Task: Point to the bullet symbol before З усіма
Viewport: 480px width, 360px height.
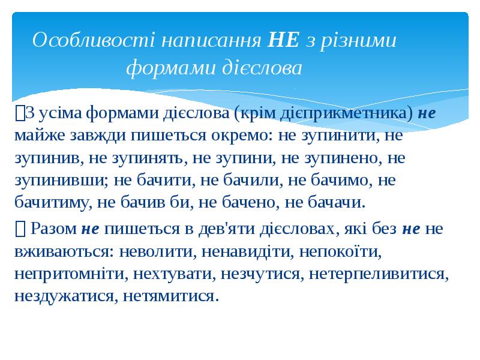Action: click(x=20, y=113)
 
